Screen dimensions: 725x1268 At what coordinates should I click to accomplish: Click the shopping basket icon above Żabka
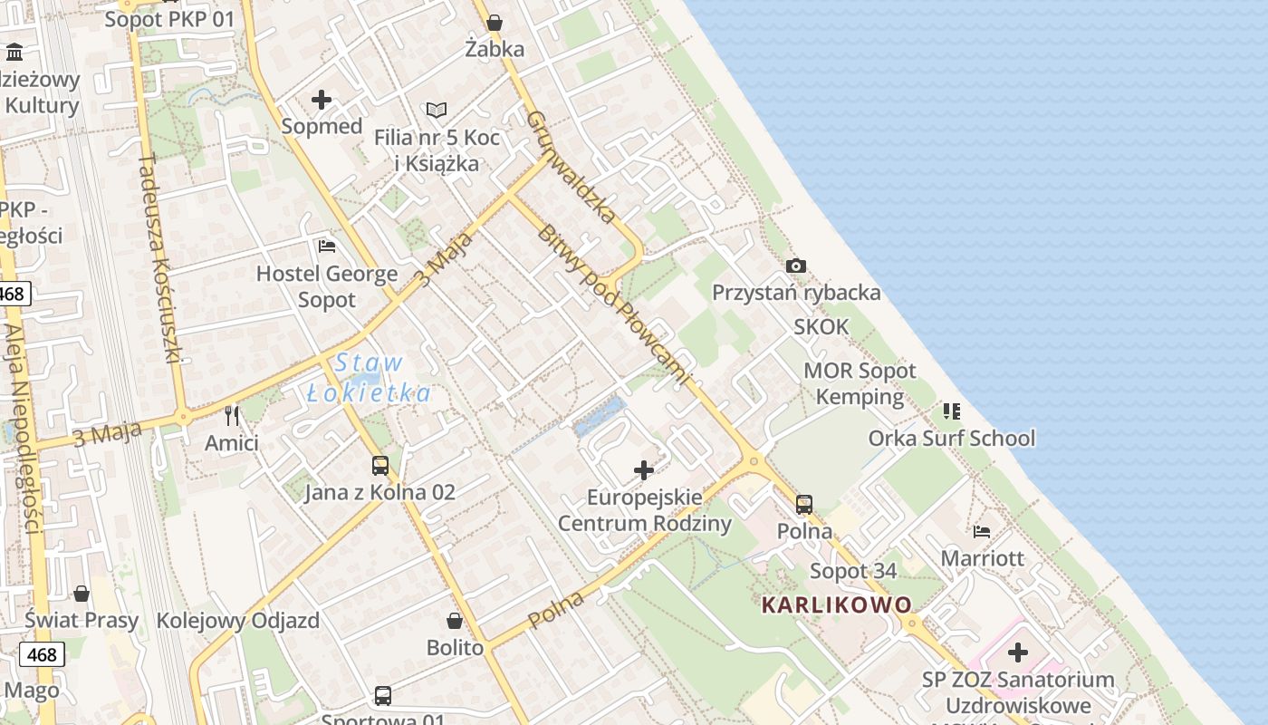click(x=495, y=23)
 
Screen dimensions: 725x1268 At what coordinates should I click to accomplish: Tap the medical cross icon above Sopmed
click(x=322, y=100)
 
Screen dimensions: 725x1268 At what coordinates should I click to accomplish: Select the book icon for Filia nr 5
click(x=437, y=111)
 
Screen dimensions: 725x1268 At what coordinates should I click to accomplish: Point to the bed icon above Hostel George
click(x=327, y=246)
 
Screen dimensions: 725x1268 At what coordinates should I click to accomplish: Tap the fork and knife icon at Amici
click(x=232, y=416)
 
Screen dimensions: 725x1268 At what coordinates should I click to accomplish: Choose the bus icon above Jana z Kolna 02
click(x=380, y=466)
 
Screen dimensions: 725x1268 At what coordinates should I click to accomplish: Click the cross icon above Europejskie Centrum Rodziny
click(x=644, y=470)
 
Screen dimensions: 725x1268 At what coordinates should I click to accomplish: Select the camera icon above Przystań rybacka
click(x=796, y=266)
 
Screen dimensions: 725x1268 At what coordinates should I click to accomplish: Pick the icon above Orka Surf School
click(x=951, y=411)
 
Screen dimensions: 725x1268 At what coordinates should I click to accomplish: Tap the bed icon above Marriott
click(x=982, y=531)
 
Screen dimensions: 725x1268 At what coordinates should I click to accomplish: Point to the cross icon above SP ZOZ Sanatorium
click(x=1018, y=652)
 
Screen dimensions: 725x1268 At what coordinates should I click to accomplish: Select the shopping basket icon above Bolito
click(x=455, y=621)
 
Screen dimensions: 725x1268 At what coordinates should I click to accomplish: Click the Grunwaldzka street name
click(x=571, y=167)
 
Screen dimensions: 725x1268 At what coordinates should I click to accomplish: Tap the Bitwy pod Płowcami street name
click(x=613, y=306)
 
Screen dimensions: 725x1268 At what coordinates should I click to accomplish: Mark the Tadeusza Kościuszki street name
click(x=162, y=258)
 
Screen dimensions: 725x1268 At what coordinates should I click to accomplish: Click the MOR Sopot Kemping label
click(x=860, y=383)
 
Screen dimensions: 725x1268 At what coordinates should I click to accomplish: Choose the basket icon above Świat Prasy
click(x=82, y=594)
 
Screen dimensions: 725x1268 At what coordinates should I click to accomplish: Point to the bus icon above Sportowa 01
click(x=383, y=696)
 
